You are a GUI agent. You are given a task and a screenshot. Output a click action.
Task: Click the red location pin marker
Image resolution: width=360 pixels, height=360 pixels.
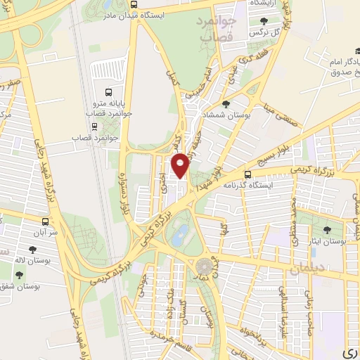[x=181, y=166]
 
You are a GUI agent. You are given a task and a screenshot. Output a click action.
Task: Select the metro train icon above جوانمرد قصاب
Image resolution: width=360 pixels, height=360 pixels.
[x=94, y=127]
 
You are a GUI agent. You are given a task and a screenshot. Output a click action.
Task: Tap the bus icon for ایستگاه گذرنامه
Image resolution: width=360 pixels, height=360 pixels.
[x=247, y=174]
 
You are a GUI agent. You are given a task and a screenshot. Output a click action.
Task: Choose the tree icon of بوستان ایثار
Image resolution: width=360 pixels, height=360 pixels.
[x=326, y=230]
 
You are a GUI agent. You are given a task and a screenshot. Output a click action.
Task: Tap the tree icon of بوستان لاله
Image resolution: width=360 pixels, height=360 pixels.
[x=32, y=249]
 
